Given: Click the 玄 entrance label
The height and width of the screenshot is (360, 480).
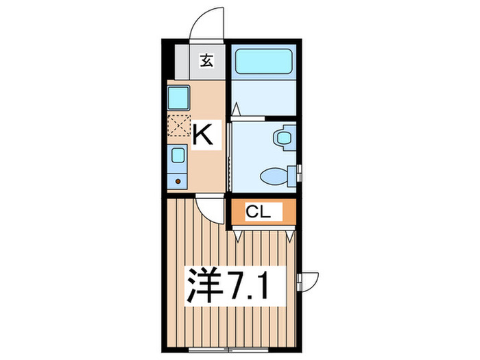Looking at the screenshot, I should click(x=206, y=60).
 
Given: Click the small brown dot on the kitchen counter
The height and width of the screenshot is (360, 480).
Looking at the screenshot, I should click(x=178, y=182).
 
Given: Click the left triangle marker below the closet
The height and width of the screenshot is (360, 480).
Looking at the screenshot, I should click(x=237, y=235).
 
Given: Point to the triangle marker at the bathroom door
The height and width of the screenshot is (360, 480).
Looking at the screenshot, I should click(x=235, y=108).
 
